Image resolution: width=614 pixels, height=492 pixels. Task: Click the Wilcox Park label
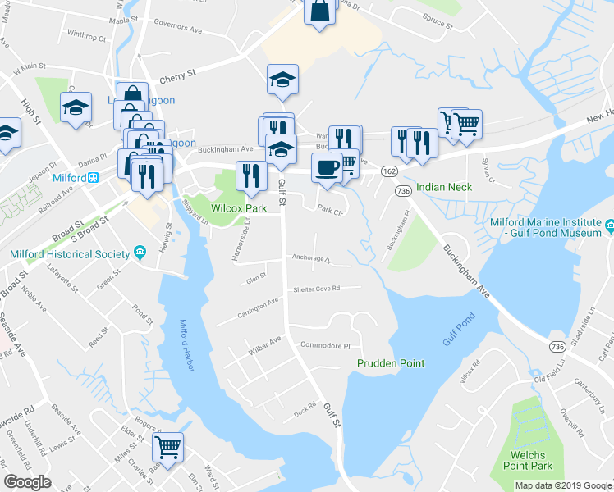click(x=240, y=209)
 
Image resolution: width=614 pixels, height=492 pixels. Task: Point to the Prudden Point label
click(x=390, y=362)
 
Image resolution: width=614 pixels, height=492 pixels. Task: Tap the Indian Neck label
click(x=444, y=187)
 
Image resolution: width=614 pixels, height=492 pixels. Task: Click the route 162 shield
click(x=389, y=171)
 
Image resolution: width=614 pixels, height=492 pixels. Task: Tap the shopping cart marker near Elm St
click(x=167, y=447)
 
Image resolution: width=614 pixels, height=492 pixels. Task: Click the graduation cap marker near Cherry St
click(x=282, y=80)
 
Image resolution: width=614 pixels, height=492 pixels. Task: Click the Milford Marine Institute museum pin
click(x=609, y=225)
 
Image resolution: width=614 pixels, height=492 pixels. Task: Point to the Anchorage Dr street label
click(x=311, y=258)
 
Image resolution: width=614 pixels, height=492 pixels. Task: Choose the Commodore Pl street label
click(x=325, y=345)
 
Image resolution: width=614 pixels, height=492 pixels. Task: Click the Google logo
click(x=27, y=482)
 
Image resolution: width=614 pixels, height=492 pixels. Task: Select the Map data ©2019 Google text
click(x=562, y=485)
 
